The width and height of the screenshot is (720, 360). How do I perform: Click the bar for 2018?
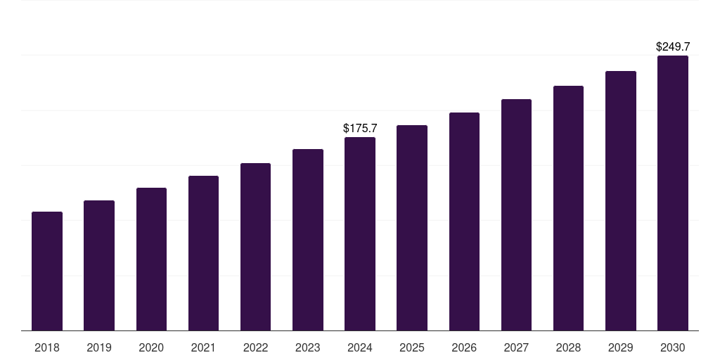47,271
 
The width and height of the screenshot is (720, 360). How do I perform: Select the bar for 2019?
99,266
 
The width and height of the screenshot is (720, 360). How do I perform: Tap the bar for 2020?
151,259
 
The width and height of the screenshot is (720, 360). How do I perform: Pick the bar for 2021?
203,253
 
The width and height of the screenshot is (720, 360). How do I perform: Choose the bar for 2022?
255,247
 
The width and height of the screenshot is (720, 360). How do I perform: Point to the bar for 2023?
308,240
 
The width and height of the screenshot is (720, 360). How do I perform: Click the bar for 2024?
360,234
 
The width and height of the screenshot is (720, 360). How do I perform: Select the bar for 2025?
412,228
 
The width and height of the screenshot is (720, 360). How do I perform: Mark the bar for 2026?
464,221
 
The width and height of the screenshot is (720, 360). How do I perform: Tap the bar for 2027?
516,215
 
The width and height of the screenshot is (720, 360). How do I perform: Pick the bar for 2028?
568,208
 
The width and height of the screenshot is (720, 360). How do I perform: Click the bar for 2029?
621,201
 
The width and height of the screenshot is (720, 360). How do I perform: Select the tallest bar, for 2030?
673,193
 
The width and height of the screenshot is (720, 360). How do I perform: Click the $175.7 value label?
360,129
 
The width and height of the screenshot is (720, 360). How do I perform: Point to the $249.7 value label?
673,47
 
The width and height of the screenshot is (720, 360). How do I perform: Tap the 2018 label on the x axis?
47,348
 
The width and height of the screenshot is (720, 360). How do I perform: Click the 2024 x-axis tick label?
360,348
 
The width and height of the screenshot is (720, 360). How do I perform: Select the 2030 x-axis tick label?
673,348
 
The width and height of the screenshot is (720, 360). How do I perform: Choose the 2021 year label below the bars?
203,348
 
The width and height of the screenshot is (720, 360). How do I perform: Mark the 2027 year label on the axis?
516,348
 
